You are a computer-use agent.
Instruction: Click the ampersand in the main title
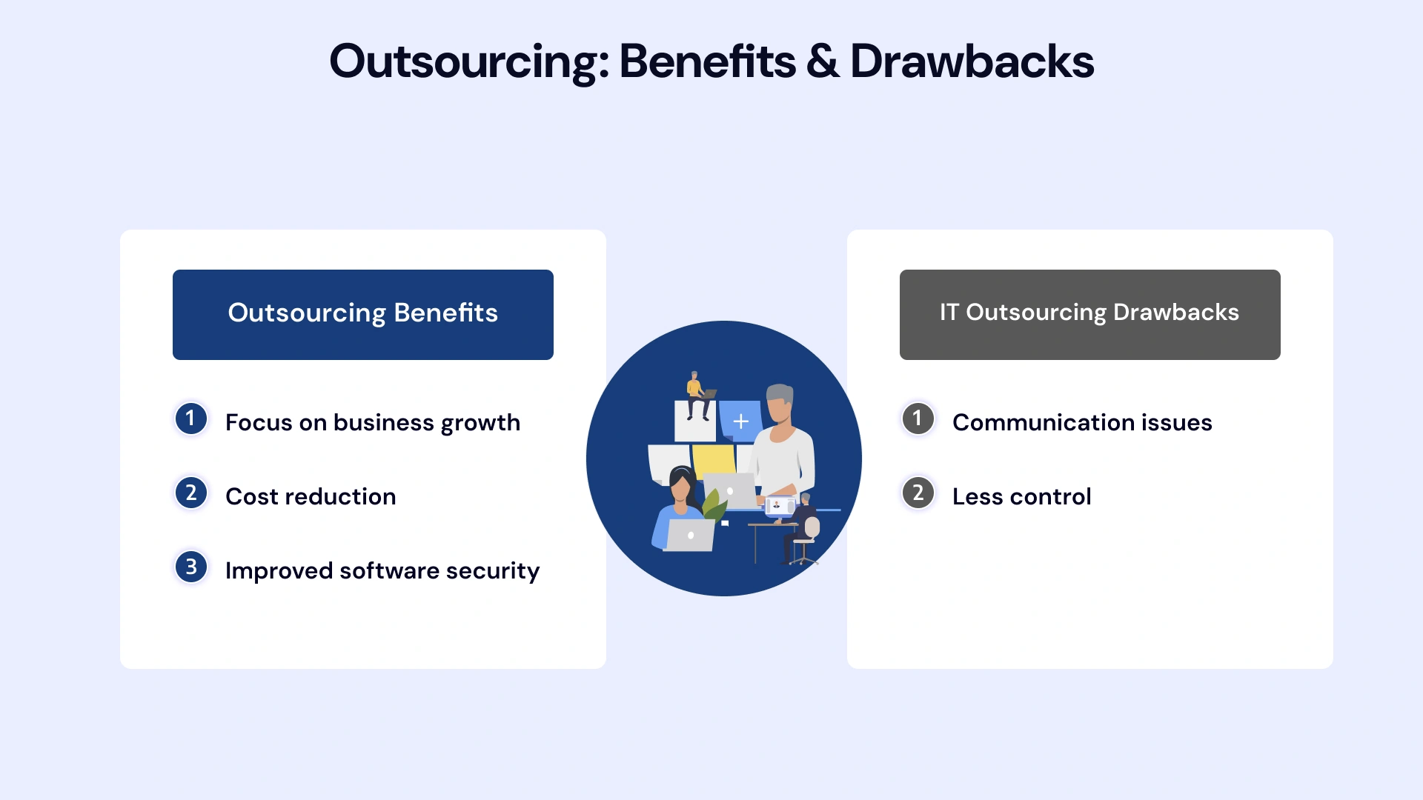823,61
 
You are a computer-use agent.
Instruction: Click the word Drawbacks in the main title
972,61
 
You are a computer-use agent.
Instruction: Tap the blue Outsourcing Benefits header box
363,314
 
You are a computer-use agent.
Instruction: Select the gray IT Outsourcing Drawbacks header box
1089,314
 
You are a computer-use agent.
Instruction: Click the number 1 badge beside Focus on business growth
190,419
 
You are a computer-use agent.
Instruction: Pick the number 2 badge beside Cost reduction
190,493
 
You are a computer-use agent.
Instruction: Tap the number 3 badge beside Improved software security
190,567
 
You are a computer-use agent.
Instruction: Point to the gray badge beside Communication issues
918,419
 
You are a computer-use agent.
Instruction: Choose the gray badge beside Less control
918,493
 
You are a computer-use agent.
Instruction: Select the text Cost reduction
311,496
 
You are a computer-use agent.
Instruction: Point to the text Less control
1021,496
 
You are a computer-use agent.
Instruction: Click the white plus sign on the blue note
740,421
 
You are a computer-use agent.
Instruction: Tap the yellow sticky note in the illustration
713,460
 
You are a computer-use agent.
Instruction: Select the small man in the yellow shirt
695,393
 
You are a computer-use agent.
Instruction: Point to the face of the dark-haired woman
680,489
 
